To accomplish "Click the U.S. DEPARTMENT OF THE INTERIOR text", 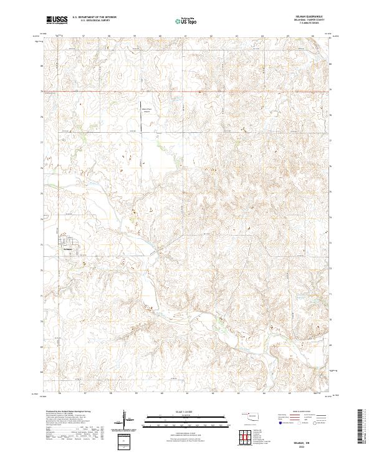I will point(93,17).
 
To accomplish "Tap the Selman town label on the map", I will point(67,249).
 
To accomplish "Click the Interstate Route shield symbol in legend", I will point(280,423).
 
